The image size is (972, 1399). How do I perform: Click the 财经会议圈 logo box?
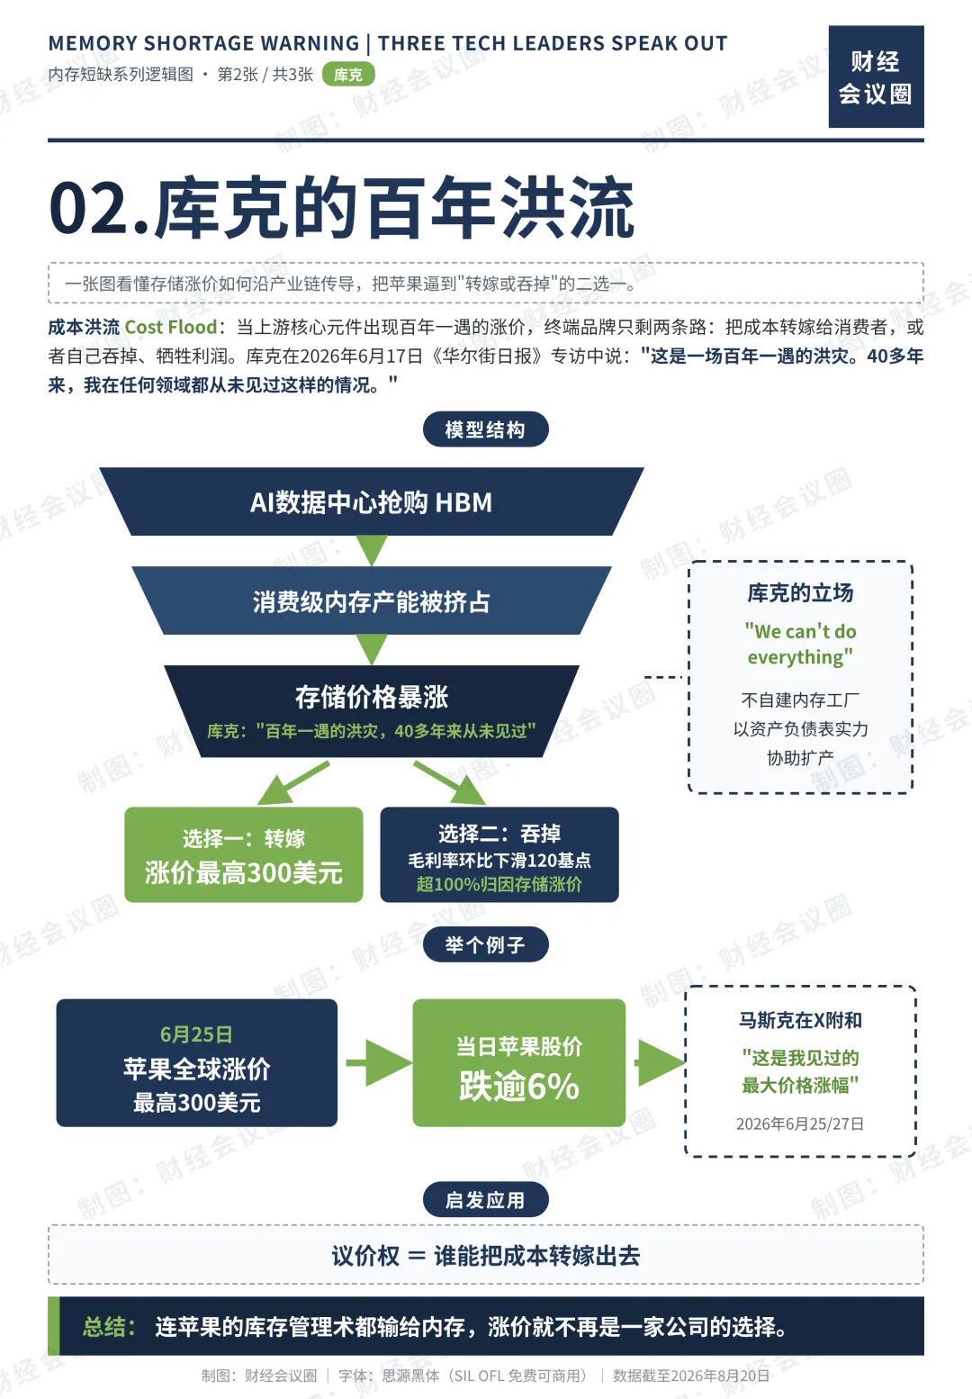click(876, 77)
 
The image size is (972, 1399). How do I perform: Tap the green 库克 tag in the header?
click(348, 75)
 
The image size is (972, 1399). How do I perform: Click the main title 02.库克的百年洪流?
click(341, 207)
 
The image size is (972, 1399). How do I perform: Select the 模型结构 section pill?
click(486, 429)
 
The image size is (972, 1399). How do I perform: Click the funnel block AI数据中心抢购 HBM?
click(372, 501)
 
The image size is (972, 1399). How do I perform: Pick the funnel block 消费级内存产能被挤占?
click(372, 600)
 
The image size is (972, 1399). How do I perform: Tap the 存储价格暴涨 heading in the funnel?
click(372, 697)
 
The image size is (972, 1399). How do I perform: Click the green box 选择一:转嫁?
click(244, 854)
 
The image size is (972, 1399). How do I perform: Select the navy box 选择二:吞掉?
click(499, 854)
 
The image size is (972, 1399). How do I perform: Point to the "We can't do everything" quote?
click(800, 644)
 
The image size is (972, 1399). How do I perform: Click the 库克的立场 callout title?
click(800, 592)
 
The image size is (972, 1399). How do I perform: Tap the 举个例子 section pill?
click(486, 944)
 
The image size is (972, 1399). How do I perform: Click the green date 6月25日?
click(196, 1034)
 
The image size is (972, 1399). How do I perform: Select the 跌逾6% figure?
click(519, 1086)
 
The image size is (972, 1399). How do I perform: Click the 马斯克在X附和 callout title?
click(800, 1021)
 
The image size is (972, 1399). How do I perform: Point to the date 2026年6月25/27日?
click(800, 1124)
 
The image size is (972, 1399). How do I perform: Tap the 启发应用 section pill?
click(486, 1200)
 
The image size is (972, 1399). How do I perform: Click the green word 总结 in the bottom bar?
click(109, 1327)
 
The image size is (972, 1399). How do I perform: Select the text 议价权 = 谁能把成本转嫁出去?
click(486, 1255)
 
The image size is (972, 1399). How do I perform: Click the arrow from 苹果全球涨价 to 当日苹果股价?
click(379, 1062)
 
